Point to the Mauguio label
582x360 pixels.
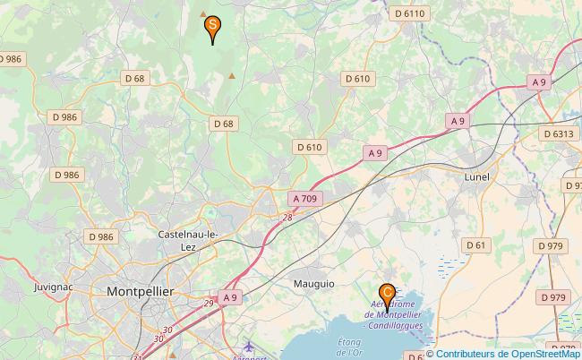click(313, 283)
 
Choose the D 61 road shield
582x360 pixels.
click(475, 244)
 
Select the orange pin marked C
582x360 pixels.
click(387, 293)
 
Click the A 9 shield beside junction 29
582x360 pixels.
click(230, 297)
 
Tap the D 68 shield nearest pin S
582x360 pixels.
click(134, 79)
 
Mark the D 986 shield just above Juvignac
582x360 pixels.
click(100, 236)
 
